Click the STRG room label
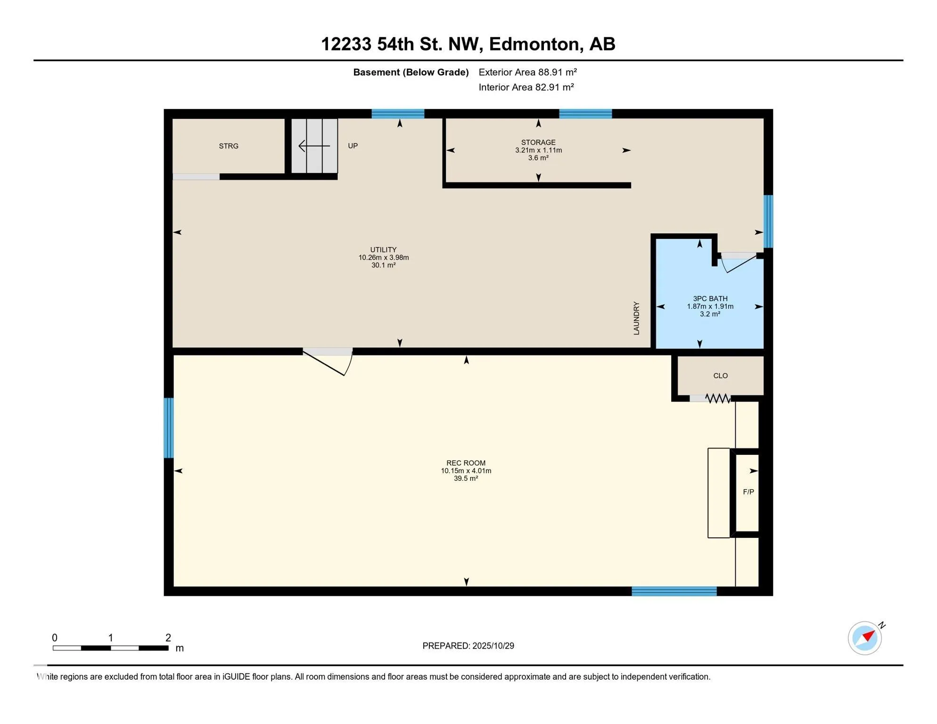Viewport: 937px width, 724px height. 229,146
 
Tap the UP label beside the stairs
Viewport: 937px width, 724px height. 353,146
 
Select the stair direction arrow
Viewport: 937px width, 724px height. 314,146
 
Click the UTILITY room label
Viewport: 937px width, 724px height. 383,250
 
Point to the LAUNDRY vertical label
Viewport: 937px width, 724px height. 636,319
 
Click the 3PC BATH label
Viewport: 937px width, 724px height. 710,298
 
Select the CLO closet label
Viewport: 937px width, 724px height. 720,376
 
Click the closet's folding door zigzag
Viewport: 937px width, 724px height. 718,399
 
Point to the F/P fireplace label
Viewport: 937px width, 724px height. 748,492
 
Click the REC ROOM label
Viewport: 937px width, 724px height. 466,463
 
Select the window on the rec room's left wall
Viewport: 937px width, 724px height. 169,428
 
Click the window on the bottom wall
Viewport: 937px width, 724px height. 674,592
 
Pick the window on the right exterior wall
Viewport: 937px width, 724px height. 768,222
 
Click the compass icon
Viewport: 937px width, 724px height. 865,638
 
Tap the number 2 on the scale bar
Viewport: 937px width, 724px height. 168,638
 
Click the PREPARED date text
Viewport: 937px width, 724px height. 468,646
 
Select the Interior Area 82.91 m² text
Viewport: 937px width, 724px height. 526,87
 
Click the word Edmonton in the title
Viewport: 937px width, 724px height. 534,44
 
